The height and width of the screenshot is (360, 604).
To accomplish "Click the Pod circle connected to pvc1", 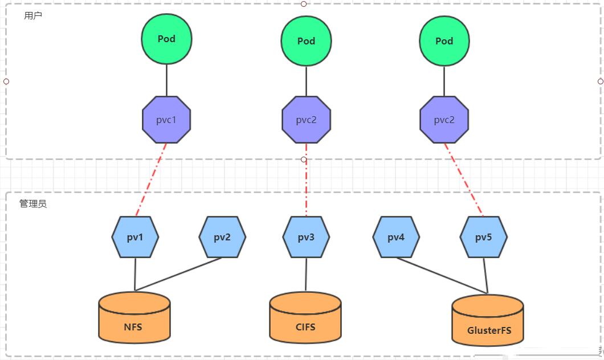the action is pyautogui.click(x=166, y=39).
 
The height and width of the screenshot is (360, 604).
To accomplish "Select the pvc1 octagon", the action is pyautogui.click(x=166, y=120).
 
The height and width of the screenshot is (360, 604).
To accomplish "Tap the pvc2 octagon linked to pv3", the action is pyautogui.click(x=306, y=120).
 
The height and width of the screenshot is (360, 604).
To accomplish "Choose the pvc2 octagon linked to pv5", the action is pyautogui.click(x=444, y=120).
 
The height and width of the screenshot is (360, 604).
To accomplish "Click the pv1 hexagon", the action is pyautogui.click(x=135, y=237).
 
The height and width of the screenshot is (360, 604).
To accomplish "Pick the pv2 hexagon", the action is pyautogui.click(x=222, y=237).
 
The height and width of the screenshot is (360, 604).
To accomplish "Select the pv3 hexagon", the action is pyautogui.click(x=306, y=237).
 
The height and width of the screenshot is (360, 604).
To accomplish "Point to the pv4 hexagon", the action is pyautogui.click(x=396, y=237).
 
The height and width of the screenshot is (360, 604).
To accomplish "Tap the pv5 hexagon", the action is pyautogui.click(x=483, y=237).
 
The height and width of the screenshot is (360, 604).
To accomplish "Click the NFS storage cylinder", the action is pyautogui.click(x=134, y=317).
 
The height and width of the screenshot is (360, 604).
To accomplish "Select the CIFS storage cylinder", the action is pyautogui.click(x=305, y=317).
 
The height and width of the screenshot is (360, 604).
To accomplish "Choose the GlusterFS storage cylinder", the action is pyautogui.click(x=488, y=320).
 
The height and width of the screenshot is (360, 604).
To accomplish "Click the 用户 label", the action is pyautogui.click(x=32, y=16).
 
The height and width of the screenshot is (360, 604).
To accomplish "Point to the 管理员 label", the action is pyautogui.click(x=33, y=204).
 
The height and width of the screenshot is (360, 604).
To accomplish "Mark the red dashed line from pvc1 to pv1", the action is pyautogui.click(x=151, y=180).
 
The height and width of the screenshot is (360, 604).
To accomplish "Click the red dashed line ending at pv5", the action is pyautogui.click(x=464, y=180).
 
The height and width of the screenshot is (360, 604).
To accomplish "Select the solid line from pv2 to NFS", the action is pyautogui.click(x=178, y=274).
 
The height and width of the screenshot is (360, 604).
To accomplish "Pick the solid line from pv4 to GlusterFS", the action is pyautogui.click(x=442, y=276).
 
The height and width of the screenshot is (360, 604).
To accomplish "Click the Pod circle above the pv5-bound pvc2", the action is pyautogui.click(x=444, y=41).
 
